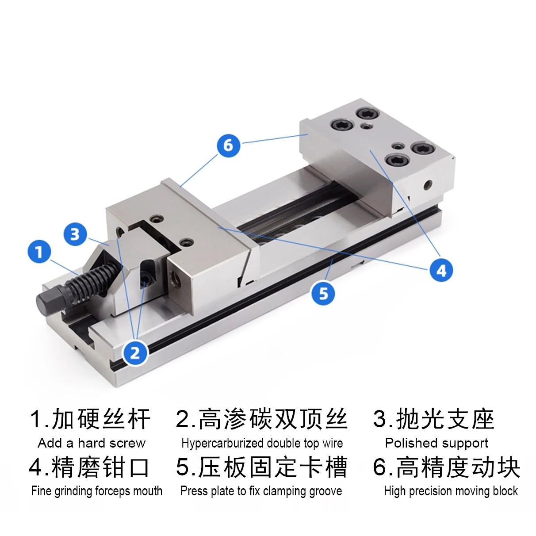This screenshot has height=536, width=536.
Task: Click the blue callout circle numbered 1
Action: point(39,252)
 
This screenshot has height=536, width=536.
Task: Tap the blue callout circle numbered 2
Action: point(135,352)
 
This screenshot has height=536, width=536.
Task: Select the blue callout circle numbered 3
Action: point(75,234)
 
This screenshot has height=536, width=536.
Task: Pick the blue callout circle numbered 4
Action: point(441,270)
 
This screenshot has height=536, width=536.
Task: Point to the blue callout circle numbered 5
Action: point(323,293)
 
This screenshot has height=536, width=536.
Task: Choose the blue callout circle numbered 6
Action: point(228,145)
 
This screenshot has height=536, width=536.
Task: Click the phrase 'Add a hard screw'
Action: point(92,443)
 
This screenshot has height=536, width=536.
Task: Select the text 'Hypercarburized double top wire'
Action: point(262,443)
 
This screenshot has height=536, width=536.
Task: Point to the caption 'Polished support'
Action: point(436,443)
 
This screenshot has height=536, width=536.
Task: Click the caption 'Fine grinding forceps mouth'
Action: point(96,491)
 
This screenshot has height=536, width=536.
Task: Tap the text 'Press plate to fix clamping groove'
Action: point(261,491)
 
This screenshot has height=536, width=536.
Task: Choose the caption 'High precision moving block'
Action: point(451,491)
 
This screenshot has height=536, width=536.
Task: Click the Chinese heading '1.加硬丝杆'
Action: point(90,419)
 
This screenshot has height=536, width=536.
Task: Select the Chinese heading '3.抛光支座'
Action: point(433,419)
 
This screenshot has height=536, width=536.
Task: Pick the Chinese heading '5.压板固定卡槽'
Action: point(262,467)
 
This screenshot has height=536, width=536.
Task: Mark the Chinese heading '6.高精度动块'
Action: point(447,467)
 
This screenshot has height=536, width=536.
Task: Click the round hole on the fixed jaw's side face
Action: point(427,185)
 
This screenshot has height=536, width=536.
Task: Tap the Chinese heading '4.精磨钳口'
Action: point(89,467)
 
